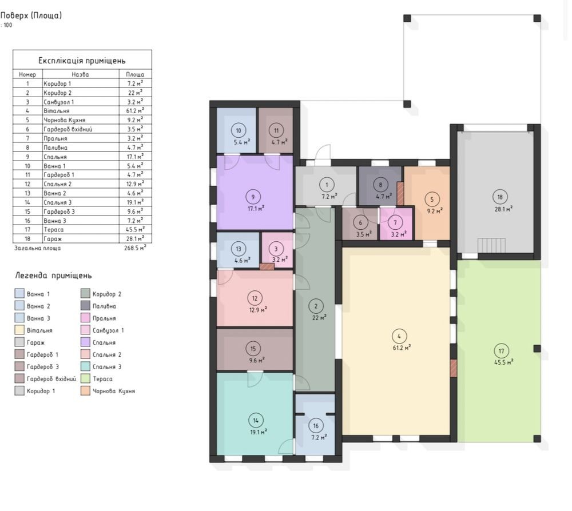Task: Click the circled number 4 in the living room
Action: [399, 337]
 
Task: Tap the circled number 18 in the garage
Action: [500, 197]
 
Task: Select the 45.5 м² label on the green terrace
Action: [504, 362]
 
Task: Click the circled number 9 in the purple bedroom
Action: [253, 197]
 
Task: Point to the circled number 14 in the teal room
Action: [256, 421]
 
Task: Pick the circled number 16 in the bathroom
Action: [316, 426]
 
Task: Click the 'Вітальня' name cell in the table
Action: [56, 111]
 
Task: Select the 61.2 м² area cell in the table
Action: [135, 110]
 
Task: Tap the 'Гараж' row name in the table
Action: [53, 239]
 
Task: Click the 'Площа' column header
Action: [135, 74]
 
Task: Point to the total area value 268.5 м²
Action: [135, 248]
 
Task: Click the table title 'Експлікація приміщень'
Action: [82, 61]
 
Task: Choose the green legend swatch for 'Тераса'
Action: [85, 379]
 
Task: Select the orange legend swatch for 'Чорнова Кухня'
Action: [85, 391]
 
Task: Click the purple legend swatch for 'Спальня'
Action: [85, 342]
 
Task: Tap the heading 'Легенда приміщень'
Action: [53, 276]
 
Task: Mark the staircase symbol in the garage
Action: [492, 245]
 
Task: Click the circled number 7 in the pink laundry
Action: [395, 222]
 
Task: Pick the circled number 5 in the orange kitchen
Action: [432, 199]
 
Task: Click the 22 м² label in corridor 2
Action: [319, 318]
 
